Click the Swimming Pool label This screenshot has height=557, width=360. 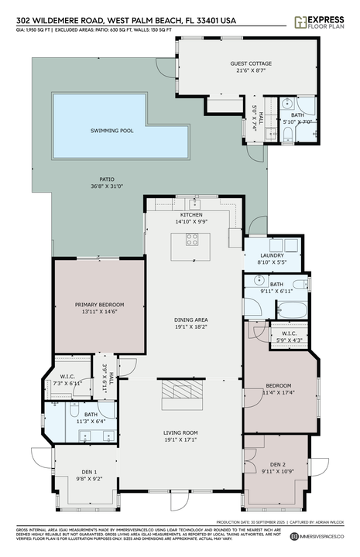click(x=111, y=131)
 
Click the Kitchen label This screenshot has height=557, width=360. click(x=191, y=214)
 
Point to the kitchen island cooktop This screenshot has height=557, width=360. click(x=190, y=240)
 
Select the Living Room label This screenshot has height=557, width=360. click(x=190, y=432)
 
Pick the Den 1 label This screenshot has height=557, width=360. click(x=84, y=472)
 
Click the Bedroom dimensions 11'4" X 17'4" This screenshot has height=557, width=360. click(x=279, y=393)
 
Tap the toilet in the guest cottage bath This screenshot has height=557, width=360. click(x=287, y=136)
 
